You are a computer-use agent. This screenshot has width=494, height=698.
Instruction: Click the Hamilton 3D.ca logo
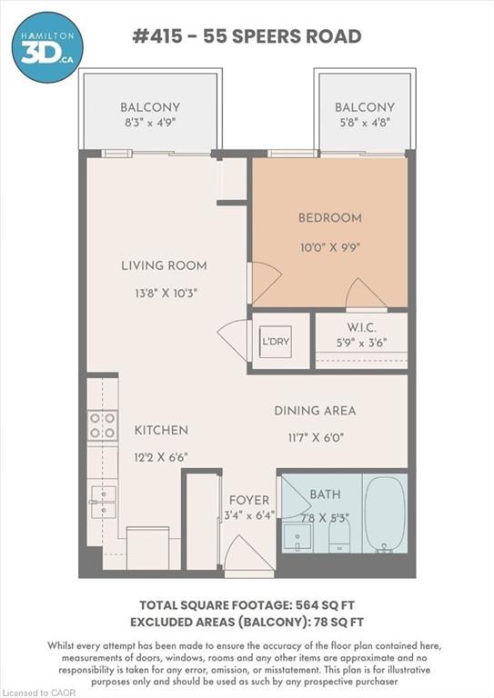[x=46, y=47]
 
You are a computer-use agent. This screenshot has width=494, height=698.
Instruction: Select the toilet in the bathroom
[x=340, y=535]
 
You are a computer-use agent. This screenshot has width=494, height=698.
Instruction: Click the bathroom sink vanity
[x=297, y=538]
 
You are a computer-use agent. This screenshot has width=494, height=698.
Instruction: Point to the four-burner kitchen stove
[x=103, y=425]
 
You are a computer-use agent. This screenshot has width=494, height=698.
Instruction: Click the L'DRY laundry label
[x=276, y=342]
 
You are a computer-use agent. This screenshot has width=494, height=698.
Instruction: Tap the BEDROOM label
[x=330, y=218]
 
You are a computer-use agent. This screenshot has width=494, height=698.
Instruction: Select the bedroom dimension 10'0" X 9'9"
[x=330, y=247]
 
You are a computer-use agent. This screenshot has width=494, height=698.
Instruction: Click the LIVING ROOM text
[x=164, y=265]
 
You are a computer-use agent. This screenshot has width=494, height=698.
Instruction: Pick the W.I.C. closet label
[x=362, y=327]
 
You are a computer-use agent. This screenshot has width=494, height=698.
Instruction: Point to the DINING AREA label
[x=315, y=411]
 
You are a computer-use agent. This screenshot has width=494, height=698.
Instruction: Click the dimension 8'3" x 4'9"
[x=150, y=123]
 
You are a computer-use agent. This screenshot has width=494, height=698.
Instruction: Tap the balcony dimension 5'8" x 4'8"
[x=365, y=123]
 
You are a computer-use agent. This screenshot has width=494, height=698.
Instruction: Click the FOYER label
[x=249, y=500]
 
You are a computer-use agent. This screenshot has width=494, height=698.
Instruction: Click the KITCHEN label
[x=161, y=430]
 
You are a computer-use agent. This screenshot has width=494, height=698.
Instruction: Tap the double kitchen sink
[x=104, y=502]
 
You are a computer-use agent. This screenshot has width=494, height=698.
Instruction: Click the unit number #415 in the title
[x=157, y=36]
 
